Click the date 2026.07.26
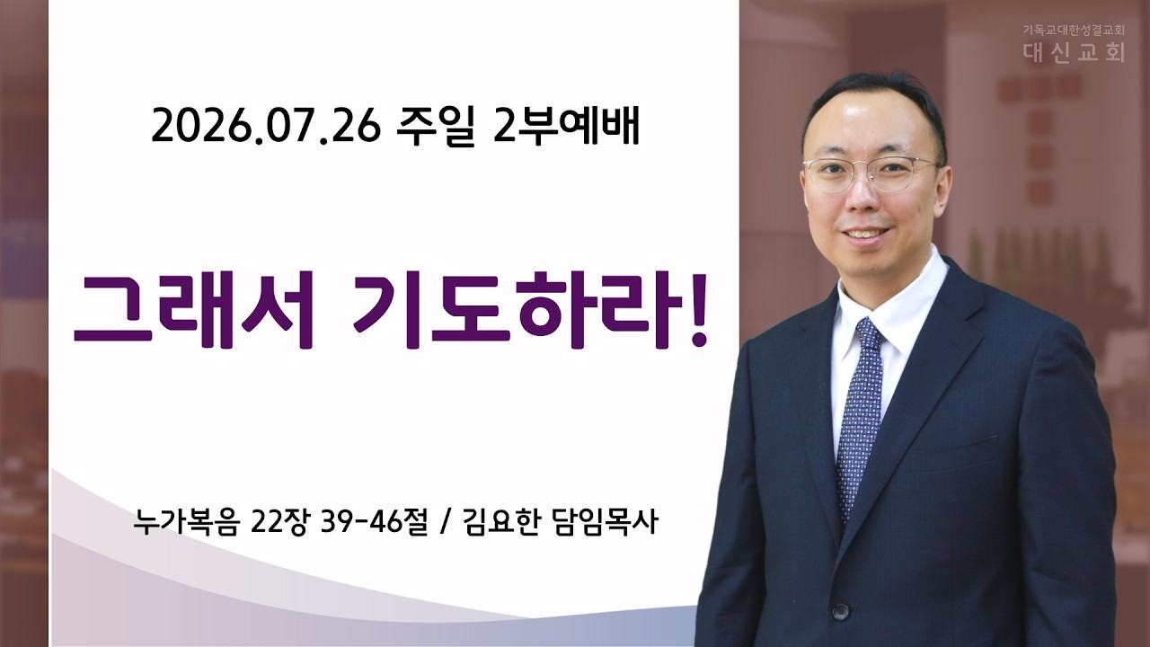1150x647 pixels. pos(266,127)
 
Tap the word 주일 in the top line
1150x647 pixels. pos(437,128)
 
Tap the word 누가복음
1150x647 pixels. pos(186,522)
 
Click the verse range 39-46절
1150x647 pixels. pos(373,522)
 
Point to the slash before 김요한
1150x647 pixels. pos(446,523)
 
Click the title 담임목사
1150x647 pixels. pos(606,522)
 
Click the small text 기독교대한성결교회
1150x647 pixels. pos(1063,31)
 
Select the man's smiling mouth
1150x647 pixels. pos(866,234)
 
